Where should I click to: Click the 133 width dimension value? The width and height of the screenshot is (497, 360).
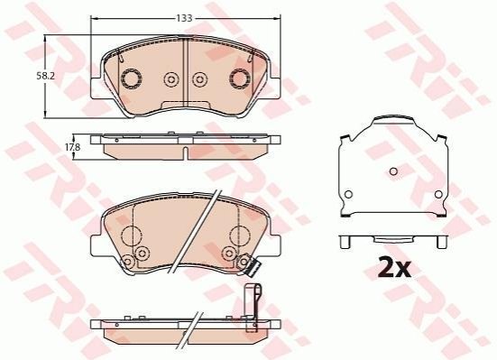coord(185,18)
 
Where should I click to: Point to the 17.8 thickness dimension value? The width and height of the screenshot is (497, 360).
coord(73,147)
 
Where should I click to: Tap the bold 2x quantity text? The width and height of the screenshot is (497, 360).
coord(394,268)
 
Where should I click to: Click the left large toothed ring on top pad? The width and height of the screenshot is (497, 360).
coord(132,78)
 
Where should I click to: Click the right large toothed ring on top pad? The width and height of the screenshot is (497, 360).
coord(240,78)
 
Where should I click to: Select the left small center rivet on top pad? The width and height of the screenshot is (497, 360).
coord(171,79)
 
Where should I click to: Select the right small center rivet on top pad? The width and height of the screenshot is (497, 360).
coord(199,79)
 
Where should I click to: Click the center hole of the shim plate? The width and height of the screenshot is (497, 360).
coord(393,171)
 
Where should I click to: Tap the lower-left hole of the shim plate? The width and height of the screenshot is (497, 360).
coord(348,194)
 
